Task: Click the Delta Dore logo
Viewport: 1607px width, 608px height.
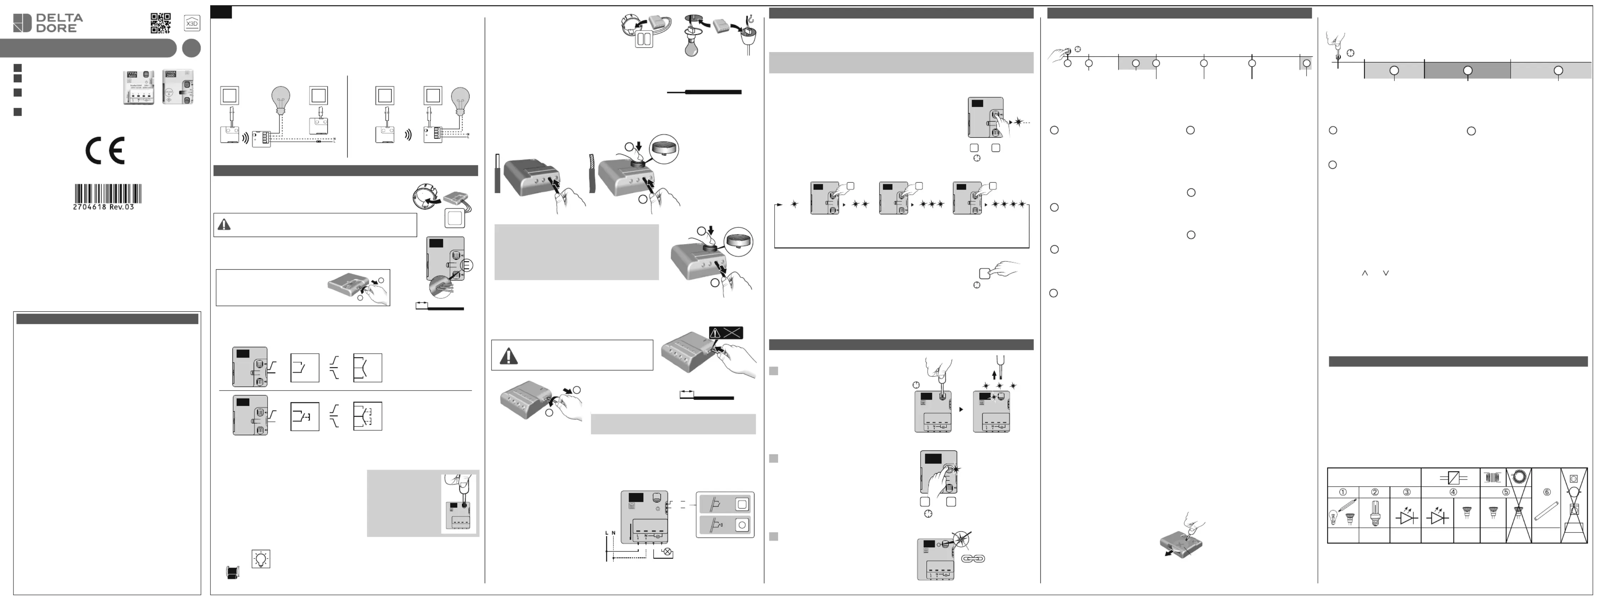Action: [48, 23]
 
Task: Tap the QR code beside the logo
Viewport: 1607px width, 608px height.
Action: [160, 23]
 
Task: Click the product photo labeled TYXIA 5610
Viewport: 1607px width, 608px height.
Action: [139, 87]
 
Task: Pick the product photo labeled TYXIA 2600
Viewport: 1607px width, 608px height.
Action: [178, 87]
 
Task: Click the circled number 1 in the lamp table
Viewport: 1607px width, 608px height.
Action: [1343, 492]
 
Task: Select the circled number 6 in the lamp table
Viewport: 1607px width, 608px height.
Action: [1546, 492]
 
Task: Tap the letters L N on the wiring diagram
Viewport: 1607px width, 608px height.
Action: [610, 533]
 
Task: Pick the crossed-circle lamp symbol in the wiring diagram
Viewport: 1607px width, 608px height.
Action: [668, 552]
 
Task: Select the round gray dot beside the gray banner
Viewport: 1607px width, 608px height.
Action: [191, 48]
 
